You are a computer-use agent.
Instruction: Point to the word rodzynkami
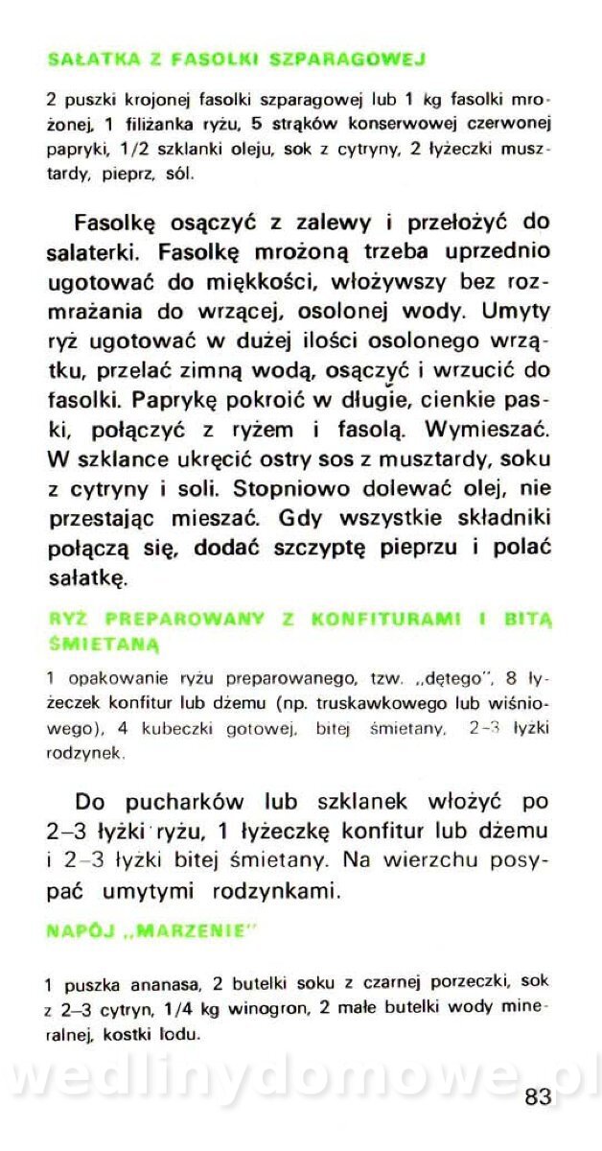(290, 891)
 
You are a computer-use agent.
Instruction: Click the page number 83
(537, 1096)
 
